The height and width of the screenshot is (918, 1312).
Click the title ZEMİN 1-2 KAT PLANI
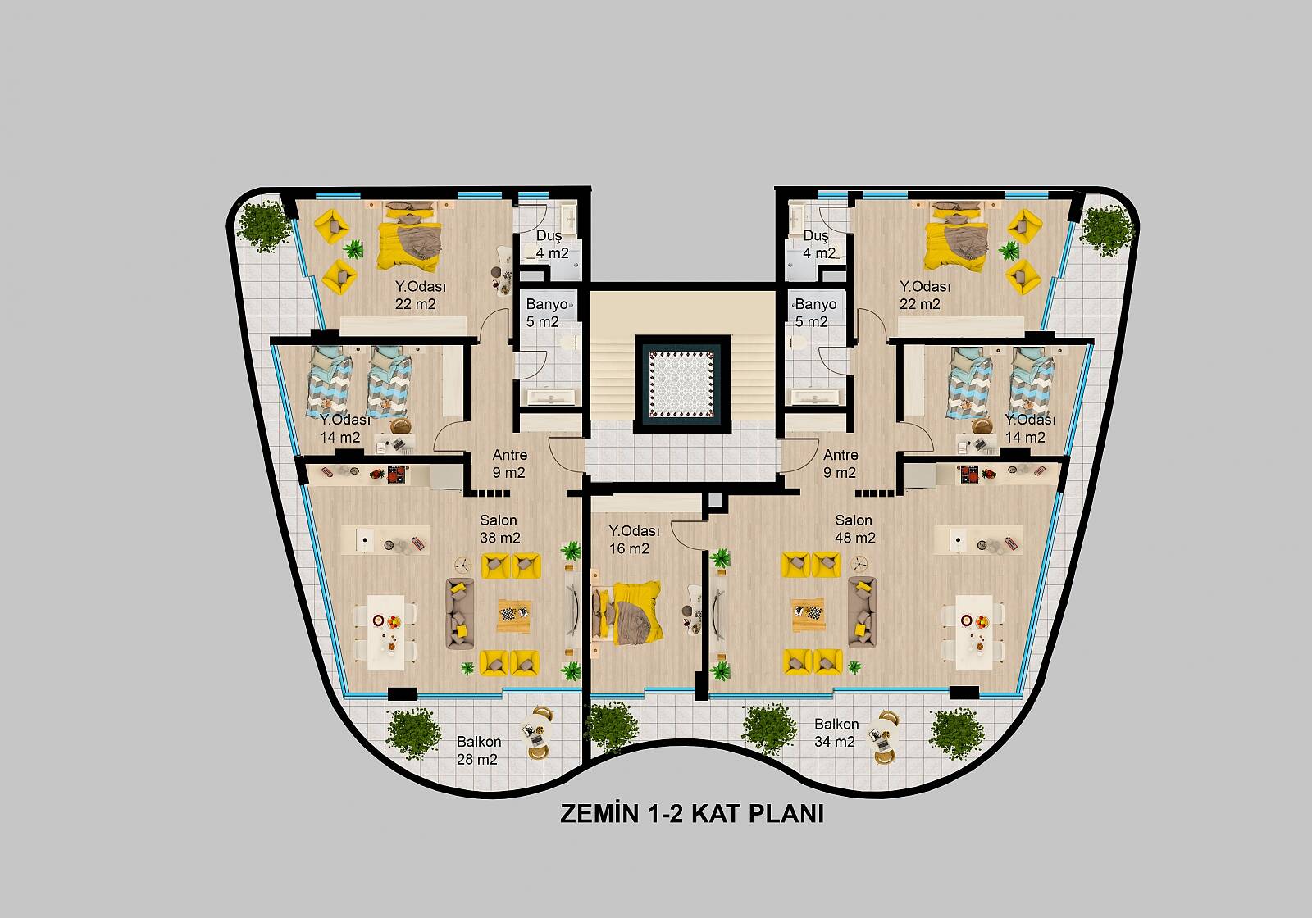tap(692, 814)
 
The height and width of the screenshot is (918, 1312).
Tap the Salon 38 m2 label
tap(499, 529)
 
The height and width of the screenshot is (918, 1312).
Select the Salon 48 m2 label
tap(854, 529)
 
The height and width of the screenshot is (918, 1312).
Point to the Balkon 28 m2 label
tap(479, 751)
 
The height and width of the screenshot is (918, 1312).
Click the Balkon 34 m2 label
tap(836, 733)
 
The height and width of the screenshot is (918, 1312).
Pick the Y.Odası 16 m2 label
tap(634, 540)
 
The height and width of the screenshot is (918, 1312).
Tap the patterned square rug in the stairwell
tap(682, 384)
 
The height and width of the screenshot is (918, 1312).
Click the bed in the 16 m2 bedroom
tap(626, 612)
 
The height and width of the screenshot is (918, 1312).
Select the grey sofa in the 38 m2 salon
tap(460, 613)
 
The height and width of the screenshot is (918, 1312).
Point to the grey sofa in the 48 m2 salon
tap(862, 611)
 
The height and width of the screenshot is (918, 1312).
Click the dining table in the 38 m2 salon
tap(386, 632)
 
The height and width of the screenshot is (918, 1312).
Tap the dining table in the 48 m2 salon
tap(974, 632)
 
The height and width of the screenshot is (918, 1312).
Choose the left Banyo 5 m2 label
tap(546, 312)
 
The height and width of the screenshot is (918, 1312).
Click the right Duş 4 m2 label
tap(818, 244)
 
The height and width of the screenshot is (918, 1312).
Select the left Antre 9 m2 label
tap(509, 464)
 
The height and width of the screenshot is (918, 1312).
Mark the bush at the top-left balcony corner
tap(263, 226)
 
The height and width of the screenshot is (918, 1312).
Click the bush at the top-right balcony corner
tap(1106, 230)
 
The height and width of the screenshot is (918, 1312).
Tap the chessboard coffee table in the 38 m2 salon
tap(514, 616)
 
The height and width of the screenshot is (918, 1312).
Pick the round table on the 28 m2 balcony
tap(535, 733)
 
